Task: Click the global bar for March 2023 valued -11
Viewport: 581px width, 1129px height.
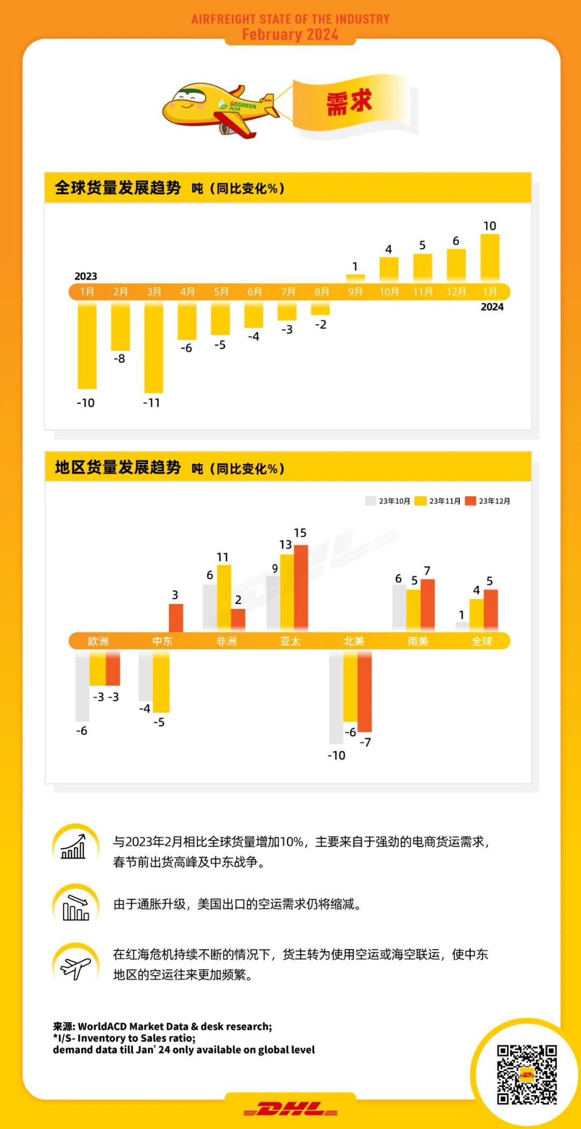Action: click(x=153, y=347)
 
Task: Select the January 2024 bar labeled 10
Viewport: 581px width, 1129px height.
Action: click(x=490, y=257)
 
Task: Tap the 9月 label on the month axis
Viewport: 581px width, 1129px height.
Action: click(x=355, y=292)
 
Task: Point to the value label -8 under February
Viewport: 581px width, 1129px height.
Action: click(x=119, y=359)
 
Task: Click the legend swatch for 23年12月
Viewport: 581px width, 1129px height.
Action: click(x=471, y=501)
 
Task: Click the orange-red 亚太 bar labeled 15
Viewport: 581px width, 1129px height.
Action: click(x=301, y=587)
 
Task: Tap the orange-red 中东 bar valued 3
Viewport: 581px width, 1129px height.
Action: click(x=176, y=617)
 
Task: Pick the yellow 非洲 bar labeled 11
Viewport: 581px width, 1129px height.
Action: click(x=224, y=597)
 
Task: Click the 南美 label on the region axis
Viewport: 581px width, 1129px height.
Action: click(x=418, y=641)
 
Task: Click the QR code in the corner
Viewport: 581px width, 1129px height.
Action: click(x=526, y=1074)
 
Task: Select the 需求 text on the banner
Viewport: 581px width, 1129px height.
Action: click(x=349, y=102)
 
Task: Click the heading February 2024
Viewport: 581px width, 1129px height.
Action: click(x=290, y=34)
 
